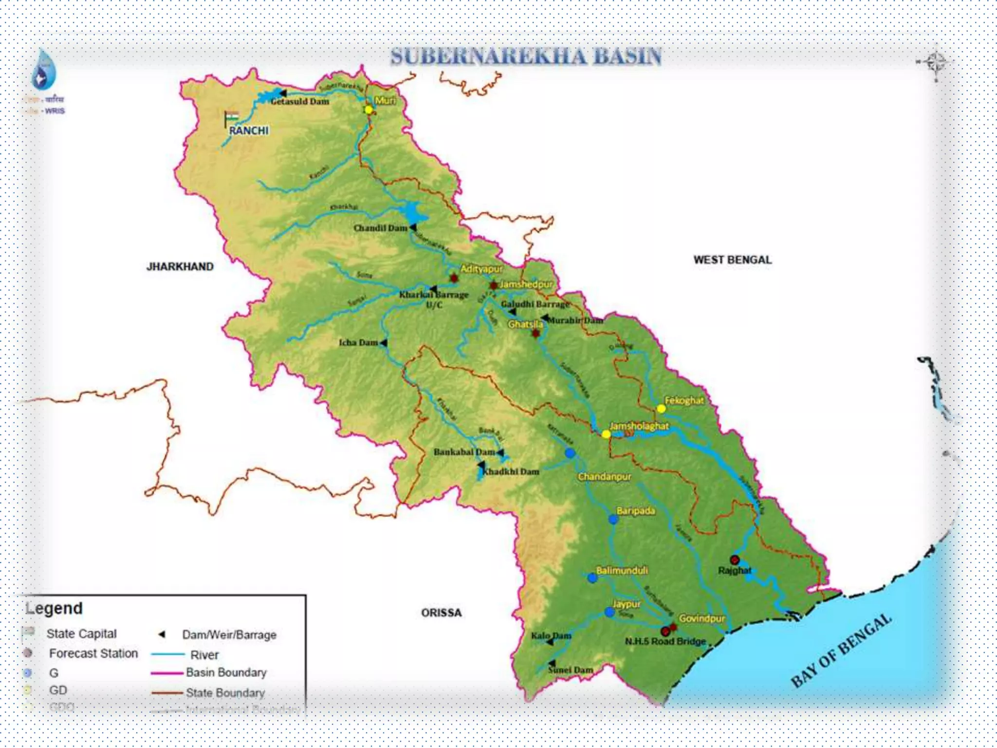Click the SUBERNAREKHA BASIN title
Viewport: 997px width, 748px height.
click(x=526, y=56)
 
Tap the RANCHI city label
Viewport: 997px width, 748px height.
click(x=249, y=131)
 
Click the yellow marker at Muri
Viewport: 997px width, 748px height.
click(x=369, y=110)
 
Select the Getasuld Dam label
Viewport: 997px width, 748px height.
click(x=300, y=101)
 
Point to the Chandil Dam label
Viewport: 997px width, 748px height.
click(x=380, y=228)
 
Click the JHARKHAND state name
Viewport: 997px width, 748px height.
click(x=180, y=266)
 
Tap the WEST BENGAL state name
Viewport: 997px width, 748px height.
click(x=732, y=260)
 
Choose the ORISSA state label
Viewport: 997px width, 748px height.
click(x=441, y=613)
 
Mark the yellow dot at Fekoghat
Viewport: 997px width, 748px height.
click(x=661, y=409)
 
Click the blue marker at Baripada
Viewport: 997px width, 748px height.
click(x=613, y=520)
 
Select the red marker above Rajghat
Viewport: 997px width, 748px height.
click(x=735, y=560)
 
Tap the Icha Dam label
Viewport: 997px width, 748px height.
click(x=358, y=343)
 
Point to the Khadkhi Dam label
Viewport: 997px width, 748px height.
click(x=511, y=471)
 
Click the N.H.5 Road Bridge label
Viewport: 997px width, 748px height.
click(x=665, y=641)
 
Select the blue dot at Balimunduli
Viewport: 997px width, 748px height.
click(x=592, y=578)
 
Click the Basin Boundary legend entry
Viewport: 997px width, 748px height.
click(x=226, y=673)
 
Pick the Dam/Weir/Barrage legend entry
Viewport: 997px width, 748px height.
click(x=229, y=635)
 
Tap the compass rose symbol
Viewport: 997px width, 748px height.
click(x=935, y=63)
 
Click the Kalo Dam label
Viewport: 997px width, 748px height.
click(x=551, y=636)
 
